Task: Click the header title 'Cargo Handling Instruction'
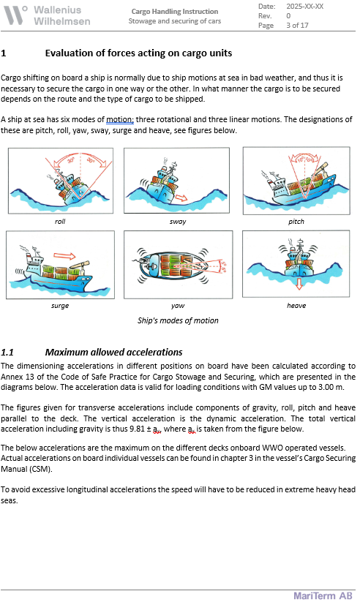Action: coord(174,11)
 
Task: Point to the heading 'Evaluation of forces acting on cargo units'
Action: coord(138,53)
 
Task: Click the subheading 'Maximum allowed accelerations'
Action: coord(113,352)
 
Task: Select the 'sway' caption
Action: coord(178,222)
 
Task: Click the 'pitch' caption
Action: coord(296,222)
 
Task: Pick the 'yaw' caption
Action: coord(178,306)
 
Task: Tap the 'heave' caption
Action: coord(296,306)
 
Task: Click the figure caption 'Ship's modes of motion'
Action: coord(178,320)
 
